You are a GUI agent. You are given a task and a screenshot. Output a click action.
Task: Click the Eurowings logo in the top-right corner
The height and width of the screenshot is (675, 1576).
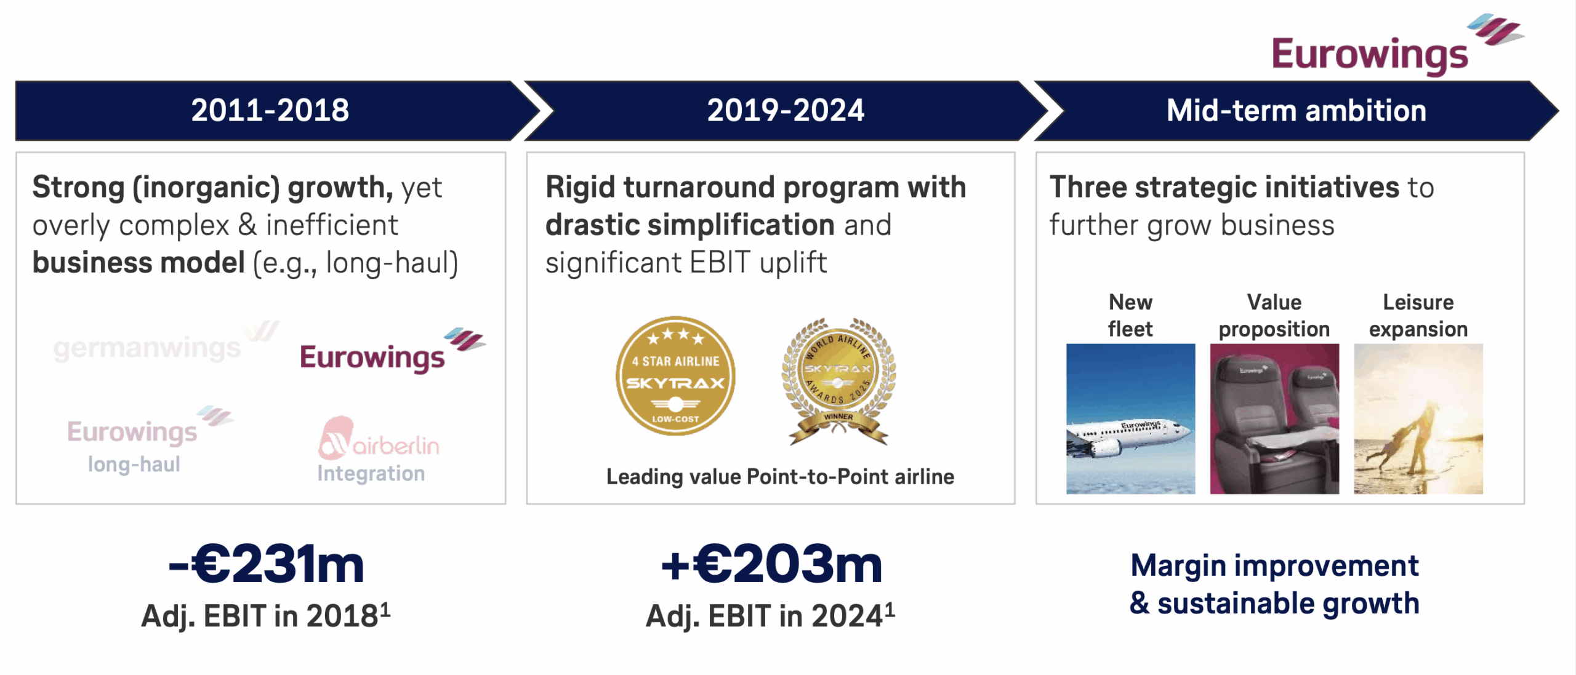point(1397,46)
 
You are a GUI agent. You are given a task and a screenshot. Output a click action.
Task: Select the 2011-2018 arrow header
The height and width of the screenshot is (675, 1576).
point(271,111)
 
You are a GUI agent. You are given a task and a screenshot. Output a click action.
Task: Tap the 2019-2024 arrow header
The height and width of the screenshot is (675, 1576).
point(786,111)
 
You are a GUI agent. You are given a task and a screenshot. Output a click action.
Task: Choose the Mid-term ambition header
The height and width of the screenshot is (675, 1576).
point(1297,111)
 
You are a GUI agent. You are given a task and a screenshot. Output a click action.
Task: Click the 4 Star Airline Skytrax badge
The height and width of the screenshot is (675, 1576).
point(675,376)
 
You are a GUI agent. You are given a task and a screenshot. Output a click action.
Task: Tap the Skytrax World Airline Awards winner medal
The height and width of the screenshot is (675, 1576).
point(838,381)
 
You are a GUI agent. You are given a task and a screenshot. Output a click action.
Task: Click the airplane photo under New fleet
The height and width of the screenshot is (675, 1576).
point(1130,418)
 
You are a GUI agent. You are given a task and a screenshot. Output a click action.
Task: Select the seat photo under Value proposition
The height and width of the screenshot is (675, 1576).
point(1274,418)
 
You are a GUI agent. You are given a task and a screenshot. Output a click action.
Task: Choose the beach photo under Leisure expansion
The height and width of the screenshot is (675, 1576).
point(1418,418)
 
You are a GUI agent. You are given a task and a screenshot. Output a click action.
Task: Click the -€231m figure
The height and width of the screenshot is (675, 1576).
point(266,564)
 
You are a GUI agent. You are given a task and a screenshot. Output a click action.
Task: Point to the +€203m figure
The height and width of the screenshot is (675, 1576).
point(771,564)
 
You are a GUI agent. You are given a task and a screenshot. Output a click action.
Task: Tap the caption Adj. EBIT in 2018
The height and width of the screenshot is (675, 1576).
point(266,615)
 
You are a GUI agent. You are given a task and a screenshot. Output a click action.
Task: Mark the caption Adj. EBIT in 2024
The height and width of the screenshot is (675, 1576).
point(770,615)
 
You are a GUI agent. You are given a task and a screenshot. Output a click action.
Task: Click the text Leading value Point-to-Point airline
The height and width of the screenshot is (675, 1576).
point(780,477)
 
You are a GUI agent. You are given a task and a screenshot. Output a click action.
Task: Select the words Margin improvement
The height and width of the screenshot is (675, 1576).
point(1274,565)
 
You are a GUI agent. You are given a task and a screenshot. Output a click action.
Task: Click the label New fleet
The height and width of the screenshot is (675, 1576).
point(1130,316)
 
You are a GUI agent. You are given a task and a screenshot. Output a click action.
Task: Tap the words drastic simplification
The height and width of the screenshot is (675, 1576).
point(690,225)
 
